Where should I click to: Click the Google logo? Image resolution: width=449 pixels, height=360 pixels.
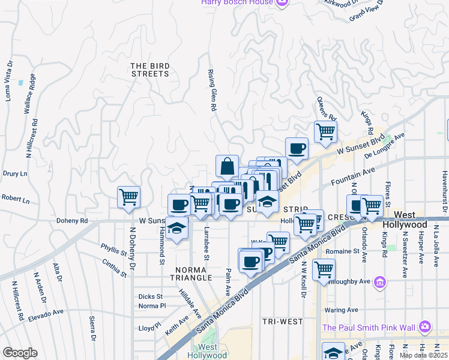coord(20,353)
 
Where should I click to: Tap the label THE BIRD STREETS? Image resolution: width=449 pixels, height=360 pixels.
coord(150,70)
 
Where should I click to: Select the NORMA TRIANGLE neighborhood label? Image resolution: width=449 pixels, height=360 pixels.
coord(193,274)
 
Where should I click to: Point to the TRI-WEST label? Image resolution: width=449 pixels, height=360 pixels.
coord(282,322)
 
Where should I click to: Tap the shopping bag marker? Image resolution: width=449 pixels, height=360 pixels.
coord(227,167)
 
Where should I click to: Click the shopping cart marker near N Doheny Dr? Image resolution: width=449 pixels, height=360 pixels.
coord(129,196)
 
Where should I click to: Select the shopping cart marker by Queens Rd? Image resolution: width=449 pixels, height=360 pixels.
coord(325,131)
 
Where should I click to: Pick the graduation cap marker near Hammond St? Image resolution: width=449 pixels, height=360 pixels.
coord(176,228)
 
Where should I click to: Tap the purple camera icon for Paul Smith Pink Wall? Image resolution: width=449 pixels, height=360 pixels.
coord(425,326)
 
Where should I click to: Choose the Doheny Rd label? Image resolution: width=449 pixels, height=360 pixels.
coord(72,221)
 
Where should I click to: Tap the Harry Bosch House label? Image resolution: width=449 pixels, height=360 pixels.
coord(237,2)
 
